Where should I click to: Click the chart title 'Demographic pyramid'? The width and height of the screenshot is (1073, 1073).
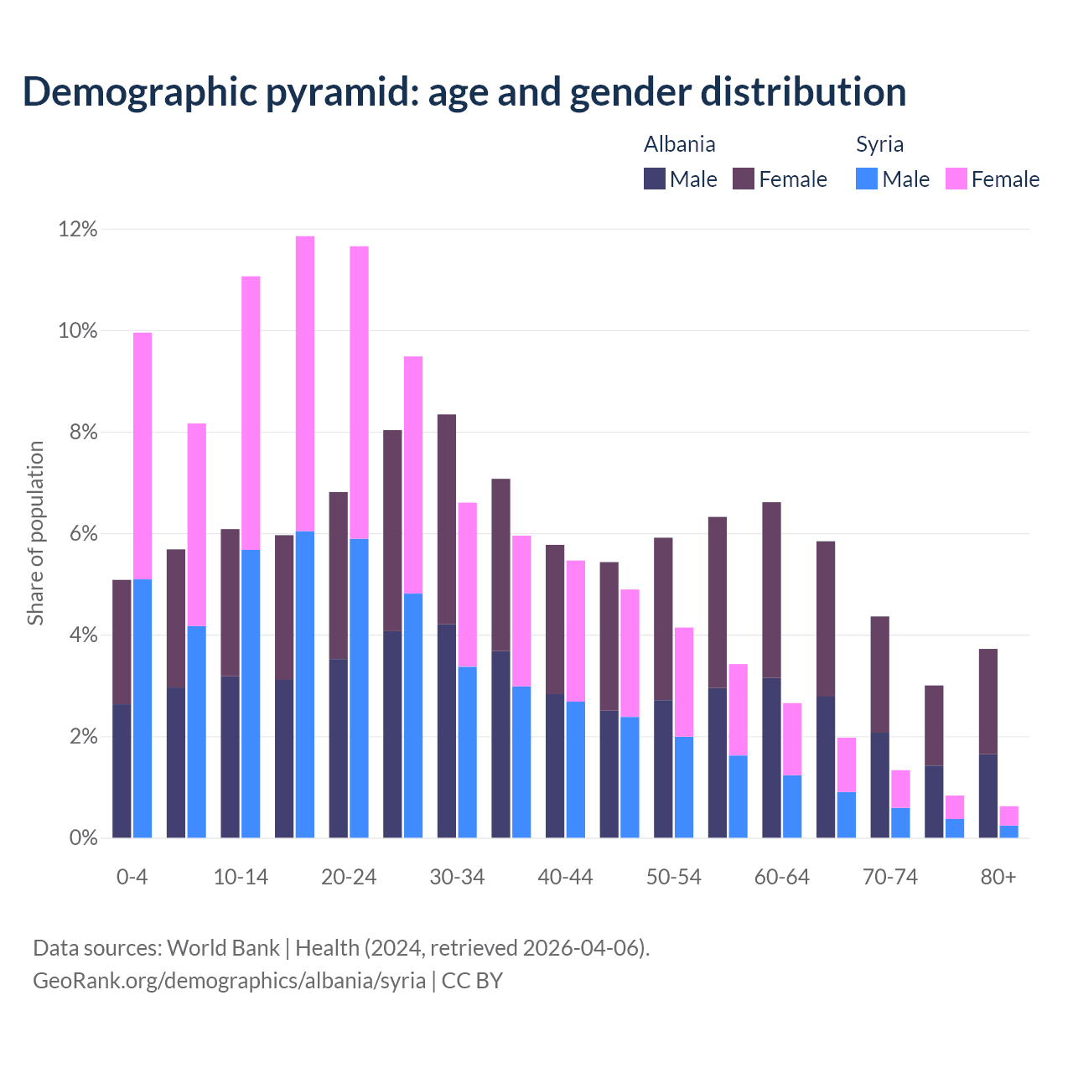[464, 92]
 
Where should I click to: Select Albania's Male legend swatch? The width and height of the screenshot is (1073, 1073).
[655, 179]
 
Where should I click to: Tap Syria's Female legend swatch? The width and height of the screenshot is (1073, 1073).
[956, 179]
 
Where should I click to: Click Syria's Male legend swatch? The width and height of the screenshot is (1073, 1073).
[867, 179]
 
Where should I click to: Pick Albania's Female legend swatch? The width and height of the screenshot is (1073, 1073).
[744, 179]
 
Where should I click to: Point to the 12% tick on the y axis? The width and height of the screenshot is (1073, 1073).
[78, 230]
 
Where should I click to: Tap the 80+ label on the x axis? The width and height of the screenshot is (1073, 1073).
[998, 878]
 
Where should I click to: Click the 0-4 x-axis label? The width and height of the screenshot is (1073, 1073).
[132, 878]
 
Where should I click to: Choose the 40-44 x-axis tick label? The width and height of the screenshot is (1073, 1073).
[565, 878]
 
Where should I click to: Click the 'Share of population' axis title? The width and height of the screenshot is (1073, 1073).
[36, 533]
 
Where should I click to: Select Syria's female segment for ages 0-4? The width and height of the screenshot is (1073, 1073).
[143, 456]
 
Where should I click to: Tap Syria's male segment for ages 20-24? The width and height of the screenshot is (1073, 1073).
[359, 687]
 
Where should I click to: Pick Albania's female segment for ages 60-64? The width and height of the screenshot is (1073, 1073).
[771, 589]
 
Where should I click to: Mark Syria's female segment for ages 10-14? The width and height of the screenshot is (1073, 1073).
[251, 412]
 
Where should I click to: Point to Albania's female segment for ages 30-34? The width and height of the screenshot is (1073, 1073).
[447, 519]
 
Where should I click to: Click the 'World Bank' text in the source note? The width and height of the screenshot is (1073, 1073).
[223, 948]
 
